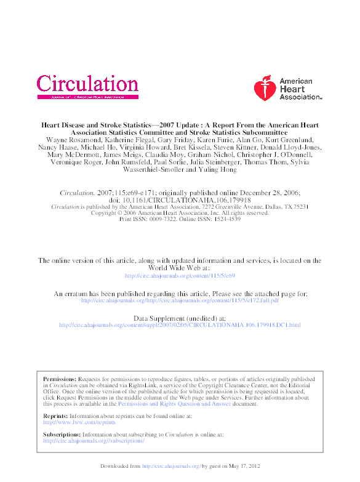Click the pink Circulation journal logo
[87, 84]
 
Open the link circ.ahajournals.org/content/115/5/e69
[180, 276]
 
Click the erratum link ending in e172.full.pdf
[180, 300]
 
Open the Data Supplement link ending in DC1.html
[180, 324]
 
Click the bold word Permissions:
[60, 379]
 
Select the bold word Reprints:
[56, 416]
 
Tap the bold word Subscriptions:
[62, 435]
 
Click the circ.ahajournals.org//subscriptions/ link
[94, 441]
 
